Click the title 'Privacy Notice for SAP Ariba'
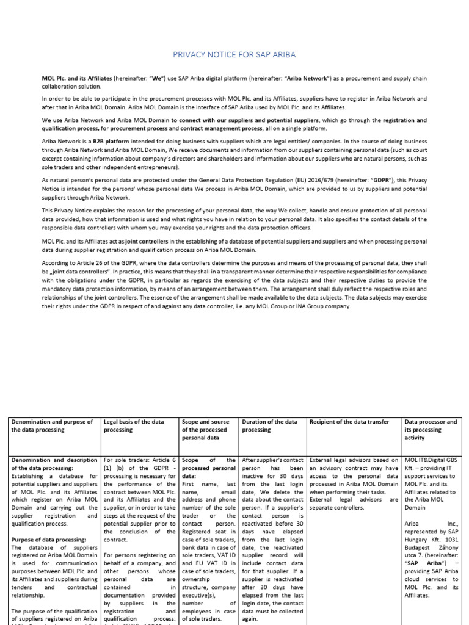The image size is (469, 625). (234, 55)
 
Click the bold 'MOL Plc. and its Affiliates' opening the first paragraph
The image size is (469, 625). (77, 79)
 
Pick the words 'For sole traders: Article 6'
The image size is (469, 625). (140, 460)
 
